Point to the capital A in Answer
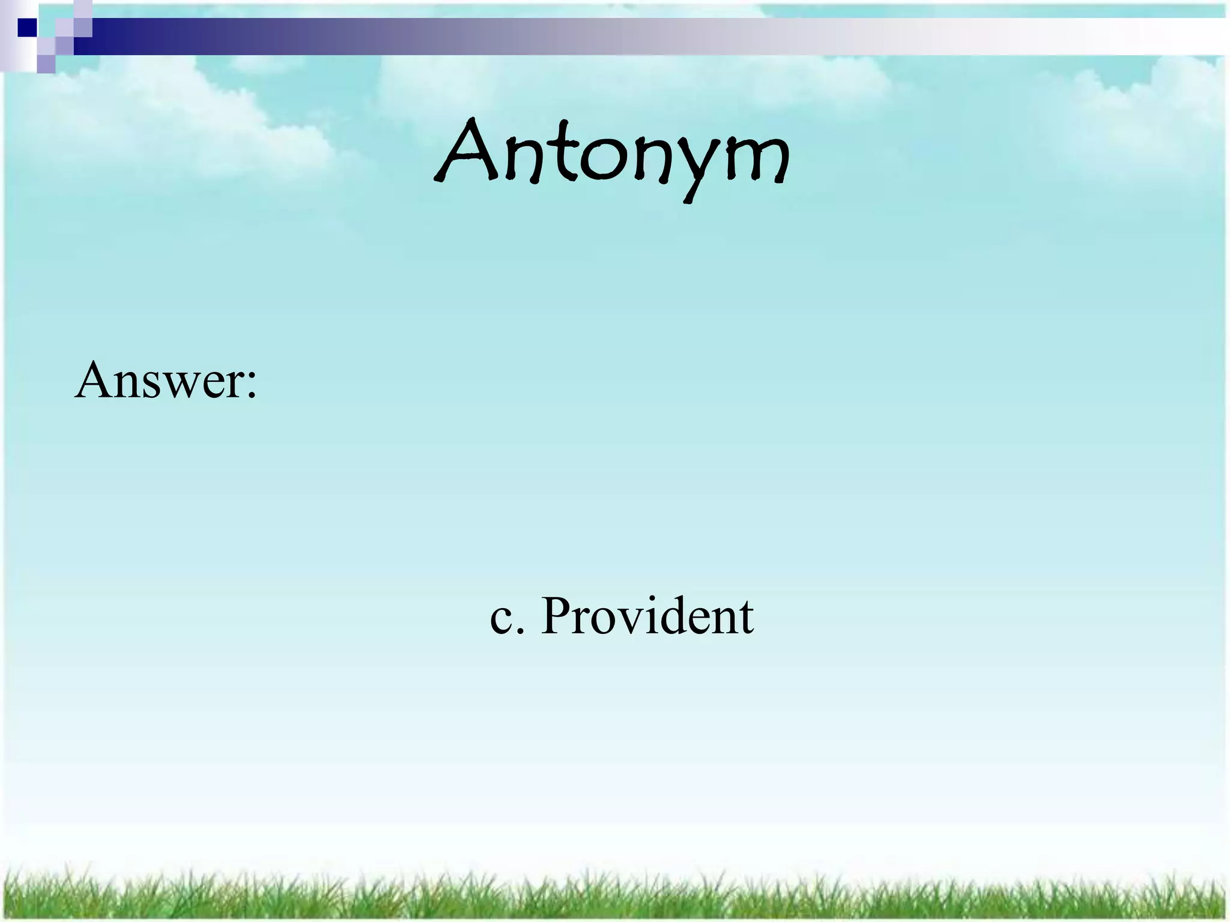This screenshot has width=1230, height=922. [x=96, y=379]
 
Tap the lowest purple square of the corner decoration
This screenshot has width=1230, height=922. [x=46, y=64]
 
